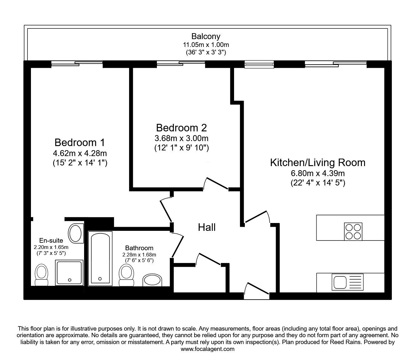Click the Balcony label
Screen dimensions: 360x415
point(206,36)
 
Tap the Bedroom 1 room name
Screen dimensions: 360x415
point(79,142)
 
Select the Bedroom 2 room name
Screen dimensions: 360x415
point(181,128)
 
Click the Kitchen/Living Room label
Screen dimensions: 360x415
point(317,162)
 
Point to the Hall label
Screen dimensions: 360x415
point(207,227)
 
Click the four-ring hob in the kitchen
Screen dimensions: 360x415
point(353,231)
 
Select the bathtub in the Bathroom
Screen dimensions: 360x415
point(100,258)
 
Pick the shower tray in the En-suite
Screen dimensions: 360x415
point(69,272)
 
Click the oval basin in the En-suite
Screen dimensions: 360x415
point(75,233)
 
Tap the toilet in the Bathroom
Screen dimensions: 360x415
point(126,274)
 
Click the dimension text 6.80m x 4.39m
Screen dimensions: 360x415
point(317,173)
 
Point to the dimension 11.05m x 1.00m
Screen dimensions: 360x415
point(206,45)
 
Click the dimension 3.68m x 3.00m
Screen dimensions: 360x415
point(181,138)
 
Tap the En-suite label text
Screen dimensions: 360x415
point(51,240)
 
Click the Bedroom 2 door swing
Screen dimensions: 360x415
point(216,184)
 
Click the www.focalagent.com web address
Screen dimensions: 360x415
point(207,349)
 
